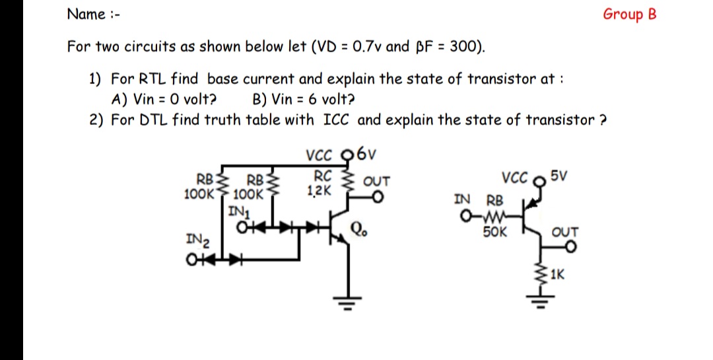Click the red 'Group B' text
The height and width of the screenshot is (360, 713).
point(629,15)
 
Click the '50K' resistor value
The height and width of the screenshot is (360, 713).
point(494,232)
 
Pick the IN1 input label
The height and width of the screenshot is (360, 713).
point(237,212)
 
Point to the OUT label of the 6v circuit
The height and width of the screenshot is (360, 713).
point(377,180)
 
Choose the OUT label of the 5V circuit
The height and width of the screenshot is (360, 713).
point(565,232)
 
